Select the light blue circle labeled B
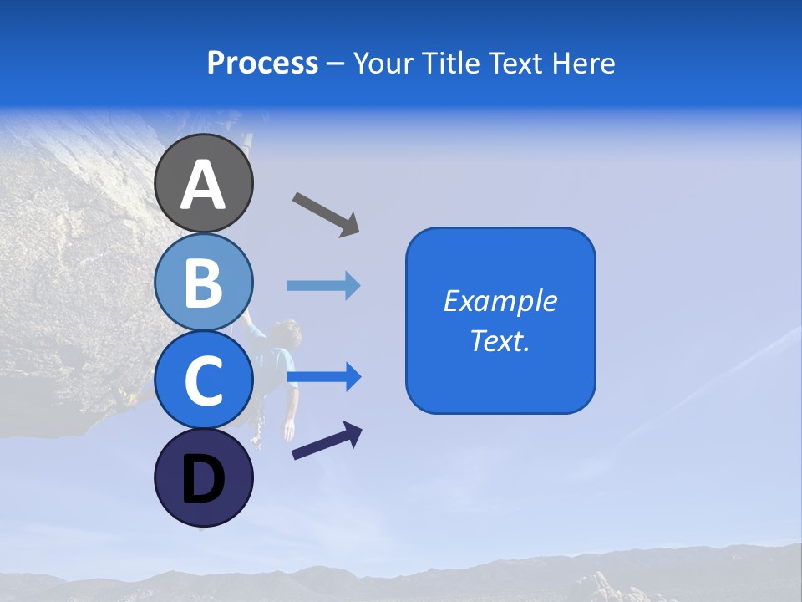point(204,282)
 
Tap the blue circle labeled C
point(204,380)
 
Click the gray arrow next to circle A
point(326,214)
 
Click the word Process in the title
point(262,64)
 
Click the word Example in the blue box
point(500,301)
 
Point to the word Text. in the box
point(500,340)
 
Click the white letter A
point(204,184)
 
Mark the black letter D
point(204,481)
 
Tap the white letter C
point(204,381)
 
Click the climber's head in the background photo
point(287,332)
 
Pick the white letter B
point(204,283)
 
